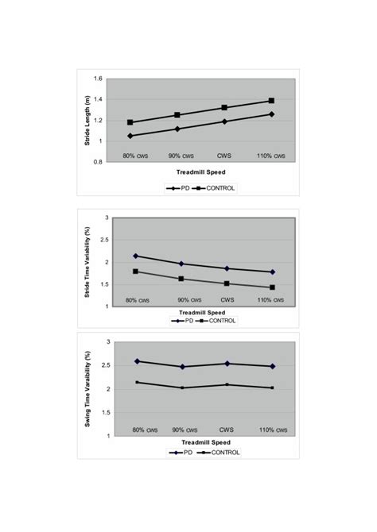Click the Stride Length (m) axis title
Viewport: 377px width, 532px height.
[88, 120]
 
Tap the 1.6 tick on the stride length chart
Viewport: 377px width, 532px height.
[99, 79]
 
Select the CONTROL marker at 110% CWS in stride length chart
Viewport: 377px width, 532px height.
[271, 101]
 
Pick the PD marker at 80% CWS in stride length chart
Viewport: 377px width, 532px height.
[130, 136]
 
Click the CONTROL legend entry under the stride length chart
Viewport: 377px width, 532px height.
[219, 188]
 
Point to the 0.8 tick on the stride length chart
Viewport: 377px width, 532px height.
[99, 162]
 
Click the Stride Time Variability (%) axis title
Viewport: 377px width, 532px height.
[88, 262]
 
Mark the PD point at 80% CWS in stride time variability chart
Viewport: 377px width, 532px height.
[136, 256]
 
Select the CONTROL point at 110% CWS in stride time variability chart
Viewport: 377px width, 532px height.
[272, 287]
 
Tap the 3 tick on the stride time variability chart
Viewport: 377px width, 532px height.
[107, 218]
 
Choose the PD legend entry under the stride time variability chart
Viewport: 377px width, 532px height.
[183, 321]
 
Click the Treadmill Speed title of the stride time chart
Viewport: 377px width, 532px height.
[204, 313]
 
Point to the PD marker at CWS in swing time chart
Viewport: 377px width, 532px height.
[227, 364]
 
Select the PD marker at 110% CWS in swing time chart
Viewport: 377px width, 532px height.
[272, 366]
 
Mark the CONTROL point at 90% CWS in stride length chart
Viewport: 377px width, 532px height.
[178, 115]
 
